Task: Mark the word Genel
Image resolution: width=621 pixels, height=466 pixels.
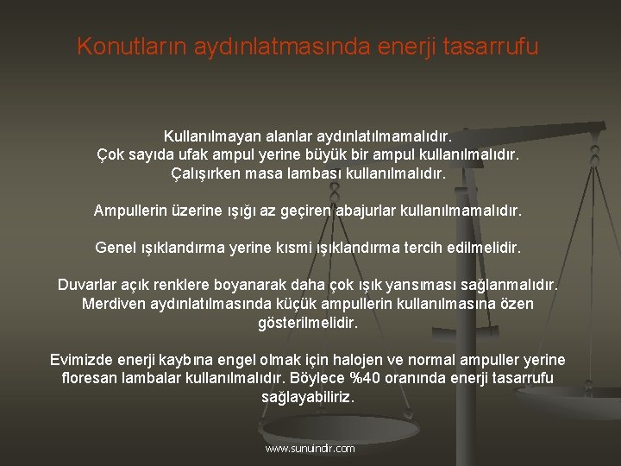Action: click(116, 248)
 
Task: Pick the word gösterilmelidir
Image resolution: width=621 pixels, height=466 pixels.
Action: click(308, 323)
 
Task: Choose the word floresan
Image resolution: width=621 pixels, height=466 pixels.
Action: click(93, 378)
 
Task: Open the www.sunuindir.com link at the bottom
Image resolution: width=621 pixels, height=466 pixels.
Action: click(310, 449)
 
